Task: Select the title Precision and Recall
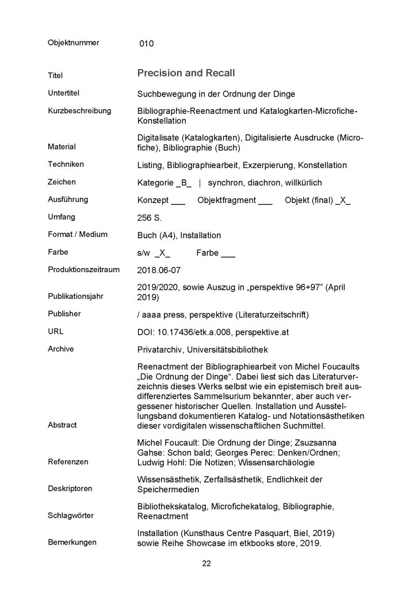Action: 186,74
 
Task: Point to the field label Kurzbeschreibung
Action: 79,110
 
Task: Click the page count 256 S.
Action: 150,218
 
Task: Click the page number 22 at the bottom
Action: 206,563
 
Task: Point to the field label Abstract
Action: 62,425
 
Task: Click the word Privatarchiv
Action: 162,350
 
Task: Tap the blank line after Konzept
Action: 178,201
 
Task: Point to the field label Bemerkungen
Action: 72,542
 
